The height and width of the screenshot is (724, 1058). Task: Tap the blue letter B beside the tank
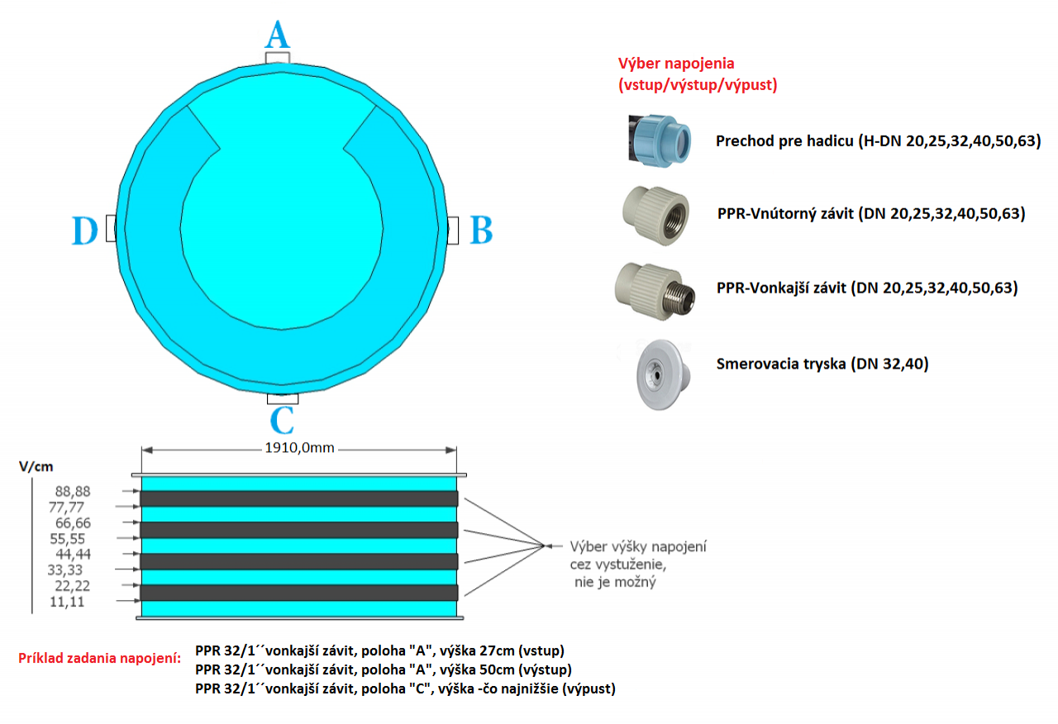(481, 231)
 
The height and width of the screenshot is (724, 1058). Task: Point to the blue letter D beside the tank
(84, 231)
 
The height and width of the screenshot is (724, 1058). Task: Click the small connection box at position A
(277, 57)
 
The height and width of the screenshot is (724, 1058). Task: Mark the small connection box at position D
(110, 230)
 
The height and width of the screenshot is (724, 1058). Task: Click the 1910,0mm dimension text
(299, 450)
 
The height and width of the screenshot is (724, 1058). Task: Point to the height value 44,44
(74, 554)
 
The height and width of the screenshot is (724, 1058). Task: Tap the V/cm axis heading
(36, 466)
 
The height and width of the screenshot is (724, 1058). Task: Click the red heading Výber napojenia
(676, 63)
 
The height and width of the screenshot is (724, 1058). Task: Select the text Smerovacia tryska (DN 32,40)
(822, 363)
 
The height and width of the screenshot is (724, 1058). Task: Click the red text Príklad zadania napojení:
(99, 658)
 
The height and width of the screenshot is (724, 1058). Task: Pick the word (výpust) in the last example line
(589, 688)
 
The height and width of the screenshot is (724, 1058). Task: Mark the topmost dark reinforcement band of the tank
(299, 498)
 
